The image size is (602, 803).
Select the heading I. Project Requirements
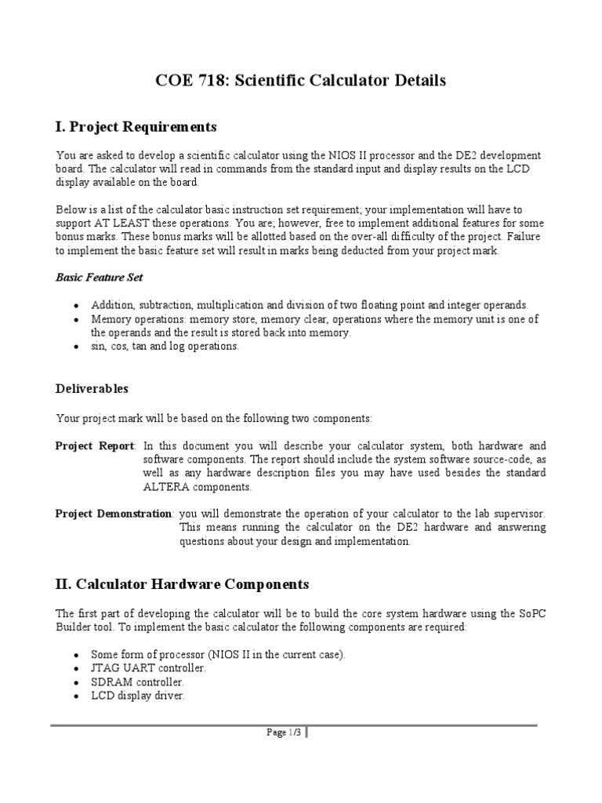click(136, 126)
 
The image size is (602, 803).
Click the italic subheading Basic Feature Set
click(99, 277)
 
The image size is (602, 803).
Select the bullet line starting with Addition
click(310, 304)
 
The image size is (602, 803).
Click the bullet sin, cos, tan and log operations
click(165, 346)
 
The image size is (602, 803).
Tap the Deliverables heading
click(92, 388)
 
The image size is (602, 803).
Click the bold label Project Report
click(95, 445)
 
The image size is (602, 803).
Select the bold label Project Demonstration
click(114, 513)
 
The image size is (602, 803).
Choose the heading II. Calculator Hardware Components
click(182, 584)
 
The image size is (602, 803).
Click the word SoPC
click(531, 612)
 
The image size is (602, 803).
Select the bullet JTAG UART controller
click(148, 667)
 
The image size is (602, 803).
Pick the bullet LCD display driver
click(138, 696)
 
